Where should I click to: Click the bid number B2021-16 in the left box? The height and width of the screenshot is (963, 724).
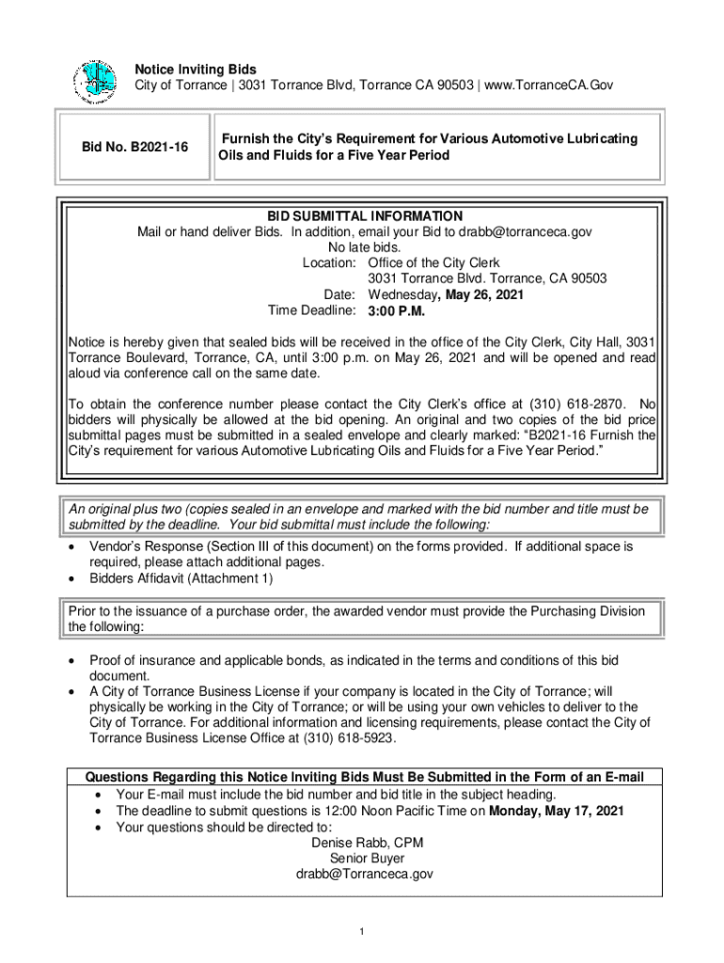point(134,147)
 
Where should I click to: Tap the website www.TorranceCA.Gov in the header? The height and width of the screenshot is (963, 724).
point(550,86)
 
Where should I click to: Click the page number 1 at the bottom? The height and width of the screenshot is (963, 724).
point(362,932)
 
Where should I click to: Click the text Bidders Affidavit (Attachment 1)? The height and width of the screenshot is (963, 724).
point(181,579)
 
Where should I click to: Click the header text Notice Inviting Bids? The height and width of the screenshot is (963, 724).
point(196,70)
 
